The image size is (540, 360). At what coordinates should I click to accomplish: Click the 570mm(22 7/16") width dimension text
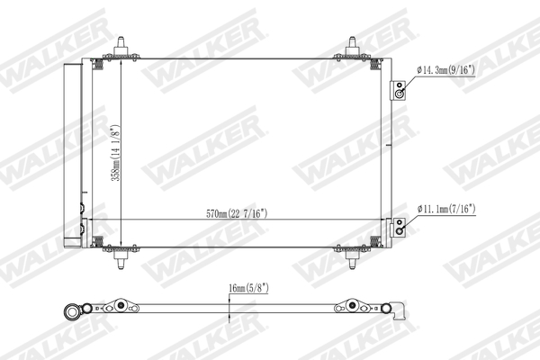point(236,213)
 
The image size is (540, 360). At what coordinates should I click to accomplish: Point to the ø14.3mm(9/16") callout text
point(456,69)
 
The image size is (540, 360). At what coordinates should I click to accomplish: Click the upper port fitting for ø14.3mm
point(398,90)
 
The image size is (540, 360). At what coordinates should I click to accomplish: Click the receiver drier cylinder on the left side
point(71,154)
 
